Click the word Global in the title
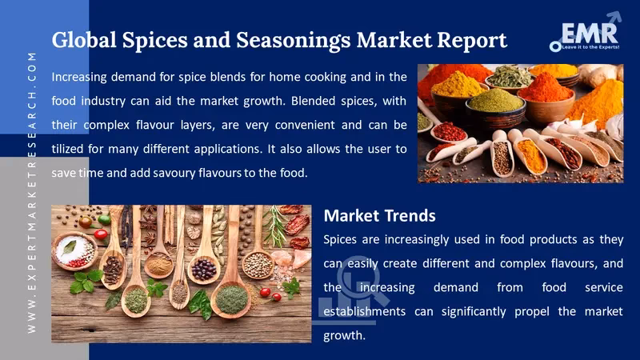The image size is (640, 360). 84,39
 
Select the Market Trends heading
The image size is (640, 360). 379,215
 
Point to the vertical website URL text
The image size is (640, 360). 32,192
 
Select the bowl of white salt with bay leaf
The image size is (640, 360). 73,249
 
